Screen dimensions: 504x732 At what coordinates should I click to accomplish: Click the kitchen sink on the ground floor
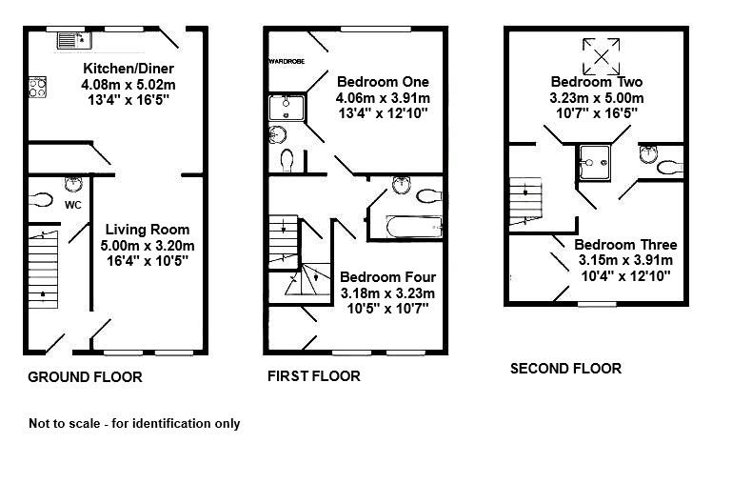coord(72,39)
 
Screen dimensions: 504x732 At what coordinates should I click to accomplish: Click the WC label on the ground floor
coord(73,205)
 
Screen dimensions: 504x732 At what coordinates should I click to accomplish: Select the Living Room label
coord(148,230)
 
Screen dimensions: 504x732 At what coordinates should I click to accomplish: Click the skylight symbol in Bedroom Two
coord(599,55)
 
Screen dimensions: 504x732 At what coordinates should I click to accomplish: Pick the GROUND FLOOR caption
coord(85,377)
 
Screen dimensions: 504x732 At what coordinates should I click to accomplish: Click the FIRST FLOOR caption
coord(313,376)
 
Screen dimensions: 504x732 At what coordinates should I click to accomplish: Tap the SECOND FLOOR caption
coord(565,369)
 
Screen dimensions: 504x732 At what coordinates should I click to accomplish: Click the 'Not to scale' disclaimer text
coord(134,424)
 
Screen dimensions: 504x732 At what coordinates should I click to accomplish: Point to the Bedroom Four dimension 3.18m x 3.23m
coord(386,292)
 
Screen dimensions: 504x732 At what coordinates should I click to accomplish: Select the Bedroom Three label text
coord(625,245)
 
